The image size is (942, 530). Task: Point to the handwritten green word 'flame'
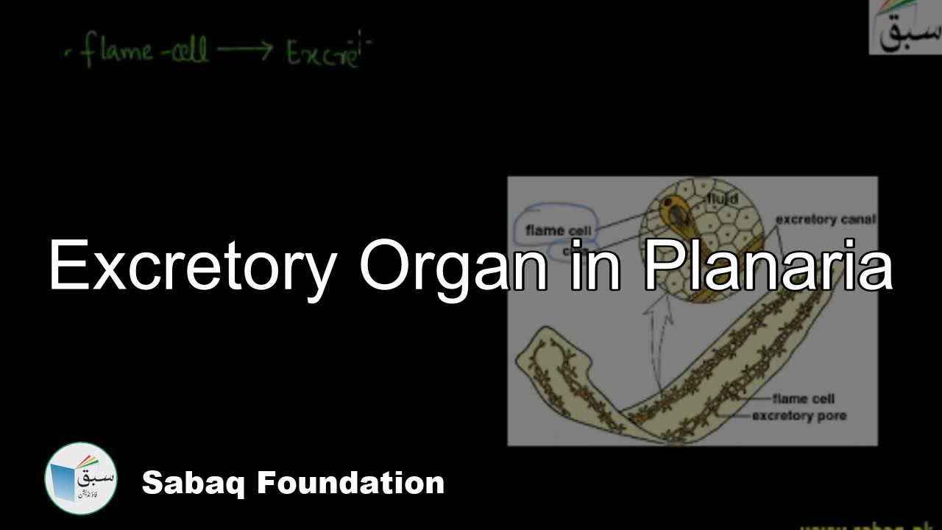pos(118,52)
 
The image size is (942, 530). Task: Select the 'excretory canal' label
pos(825,219)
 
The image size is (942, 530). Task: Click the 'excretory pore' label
pos(798,416)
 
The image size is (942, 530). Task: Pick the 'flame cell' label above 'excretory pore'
pos(803,399)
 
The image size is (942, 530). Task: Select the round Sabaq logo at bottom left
pos(81,478)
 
